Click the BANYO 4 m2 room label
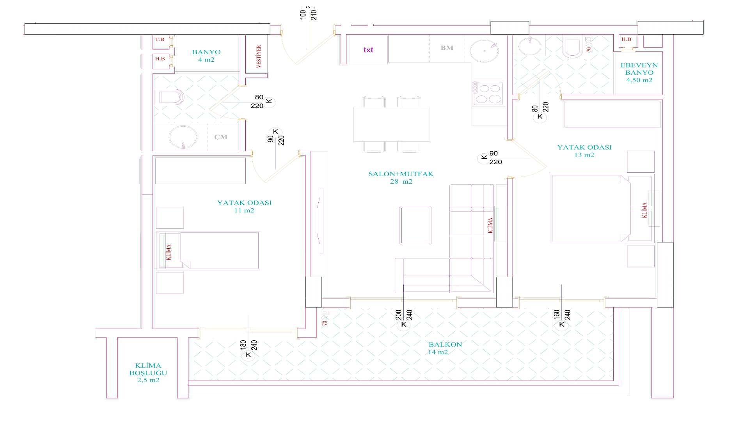[206, 56]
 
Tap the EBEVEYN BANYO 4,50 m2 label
[639, 73]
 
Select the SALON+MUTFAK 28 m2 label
[401, 177]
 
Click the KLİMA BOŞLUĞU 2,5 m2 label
[148, 373]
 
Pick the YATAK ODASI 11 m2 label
[244, 206]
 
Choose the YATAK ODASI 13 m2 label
[584, 151]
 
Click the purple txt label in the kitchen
[368, 50]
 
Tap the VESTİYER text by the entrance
[259, 57]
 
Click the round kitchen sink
[484, 51]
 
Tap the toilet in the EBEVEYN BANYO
[573, 47]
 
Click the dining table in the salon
[391, 124]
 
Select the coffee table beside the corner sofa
[415, 225]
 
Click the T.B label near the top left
[160, 39]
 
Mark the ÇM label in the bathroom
[221, 137]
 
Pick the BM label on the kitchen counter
[447, 48]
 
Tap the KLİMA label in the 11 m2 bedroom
[169, 252]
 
